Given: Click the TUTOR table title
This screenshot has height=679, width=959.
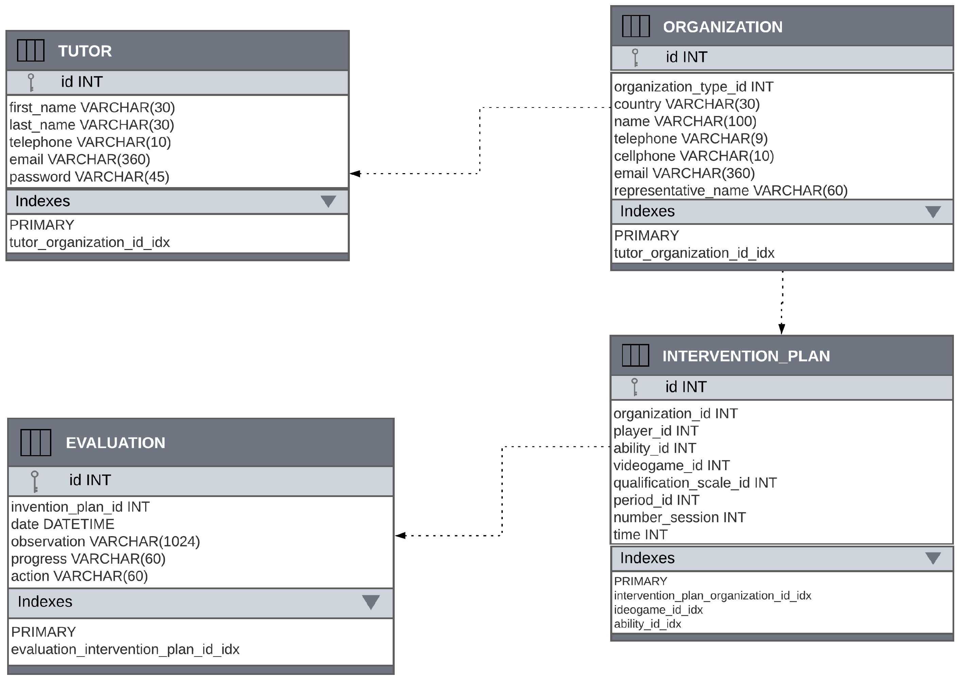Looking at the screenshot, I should click(85, 51).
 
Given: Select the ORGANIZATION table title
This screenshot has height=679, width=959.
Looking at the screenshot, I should click(722, 27).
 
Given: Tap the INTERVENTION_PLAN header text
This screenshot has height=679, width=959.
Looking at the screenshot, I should click(746, 356).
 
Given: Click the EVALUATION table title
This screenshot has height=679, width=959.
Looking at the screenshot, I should click(115, 443).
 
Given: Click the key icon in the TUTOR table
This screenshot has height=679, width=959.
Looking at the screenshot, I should click(31, 82).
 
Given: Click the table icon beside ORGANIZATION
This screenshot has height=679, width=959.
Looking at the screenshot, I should click(636, 26).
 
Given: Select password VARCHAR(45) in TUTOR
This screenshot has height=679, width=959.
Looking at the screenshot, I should click(89, 177).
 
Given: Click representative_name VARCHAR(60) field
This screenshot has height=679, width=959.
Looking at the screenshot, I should click(731, 191).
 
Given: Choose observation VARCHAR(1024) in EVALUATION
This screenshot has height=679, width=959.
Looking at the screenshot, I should click(105, 542).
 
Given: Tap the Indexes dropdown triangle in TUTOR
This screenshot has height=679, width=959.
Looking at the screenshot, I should click(328, 201).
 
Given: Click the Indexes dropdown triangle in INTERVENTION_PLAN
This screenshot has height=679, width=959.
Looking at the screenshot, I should click(933, 558).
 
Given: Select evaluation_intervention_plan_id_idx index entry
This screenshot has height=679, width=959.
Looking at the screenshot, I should click(125, 649).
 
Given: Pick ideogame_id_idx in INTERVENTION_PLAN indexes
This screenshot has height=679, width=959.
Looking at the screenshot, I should click(658, 610).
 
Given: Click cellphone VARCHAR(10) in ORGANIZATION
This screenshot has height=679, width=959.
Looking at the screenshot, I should click(693, 156).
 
